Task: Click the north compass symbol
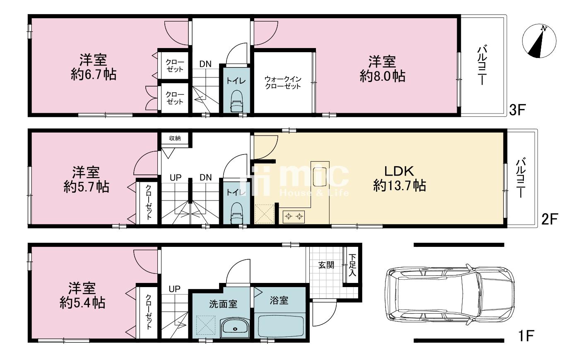point(539,41)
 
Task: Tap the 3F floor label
point(517,110)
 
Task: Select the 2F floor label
point(549,219)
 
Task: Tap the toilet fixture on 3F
point(237,101)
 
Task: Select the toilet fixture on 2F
point(237,213)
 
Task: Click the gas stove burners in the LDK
point(294,216)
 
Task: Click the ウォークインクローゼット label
point(283,83)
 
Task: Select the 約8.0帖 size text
point(383,76)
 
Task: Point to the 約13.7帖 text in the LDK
point(399,186)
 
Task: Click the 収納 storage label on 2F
point(175,138)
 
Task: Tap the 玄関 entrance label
point(326,265)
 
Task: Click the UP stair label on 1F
point(175,289)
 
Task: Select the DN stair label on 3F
point(205,64)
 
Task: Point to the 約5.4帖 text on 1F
point(82,303)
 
